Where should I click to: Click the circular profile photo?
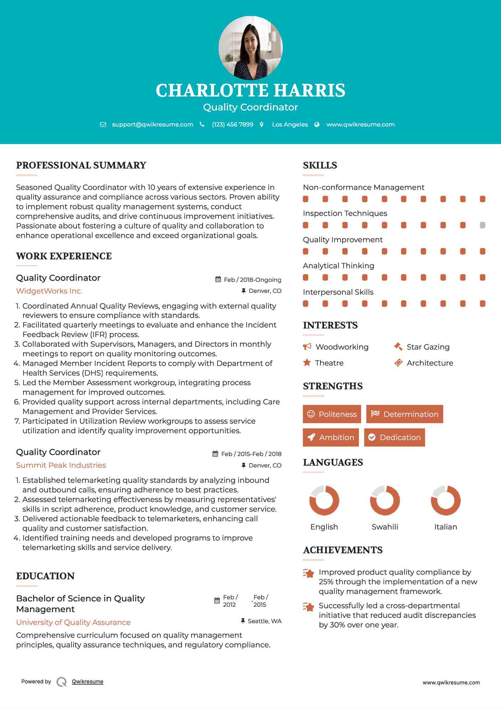[250, 48]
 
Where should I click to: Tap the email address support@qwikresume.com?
[152, 124]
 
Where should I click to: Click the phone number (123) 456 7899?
[233, 124]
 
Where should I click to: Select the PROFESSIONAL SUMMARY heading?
[81, 165]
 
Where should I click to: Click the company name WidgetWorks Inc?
[49, 291]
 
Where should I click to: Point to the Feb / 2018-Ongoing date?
[252, 280]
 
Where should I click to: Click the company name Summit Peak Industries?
[61, 465]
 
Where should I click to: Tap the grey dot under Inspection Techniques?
[482, 225]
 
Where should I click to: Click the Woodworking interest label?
[342, 347]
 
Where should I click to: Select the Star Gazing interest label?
[428, 347]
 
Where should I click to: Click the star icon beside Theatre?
[307, 363]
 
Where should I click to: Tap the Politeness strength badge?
[332, 414]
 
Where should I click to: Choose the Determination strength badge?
[405, 414]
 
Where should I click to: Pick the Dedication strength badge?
[395, 438]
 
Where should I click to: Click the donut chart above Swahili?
[385, 500]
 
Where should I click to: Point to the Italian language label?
[445, 527]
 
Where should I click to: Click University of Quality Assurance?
[73, 622]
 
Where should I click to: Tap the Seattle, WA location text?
[265, 621]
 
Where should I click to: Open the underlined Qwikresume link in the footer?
[88, 682]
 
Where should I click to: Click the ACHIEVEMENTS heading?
[343, 550]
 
